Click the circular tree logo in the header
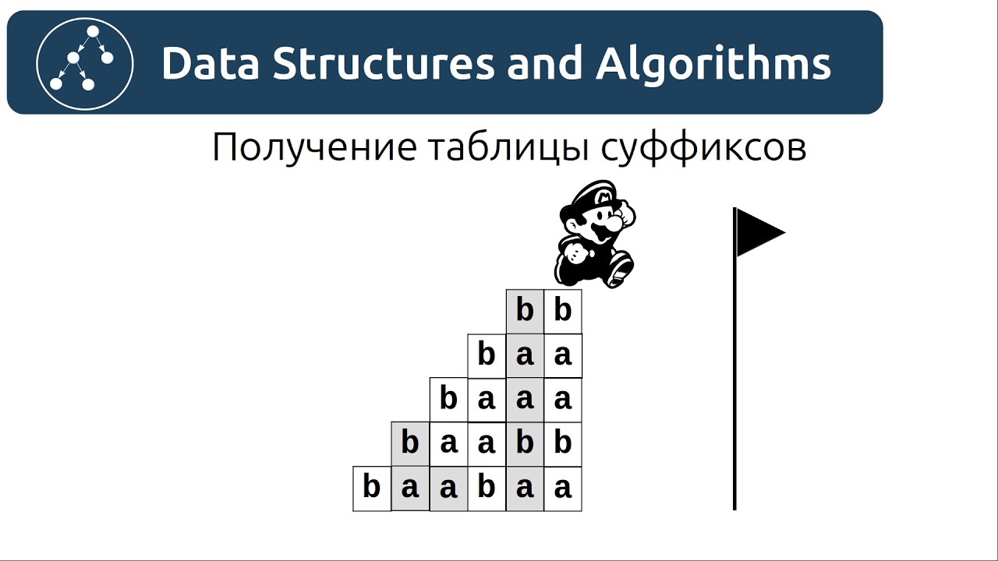(85, 63)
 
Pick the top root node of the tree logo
(92, 32)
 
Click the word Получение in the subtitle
(315, 147)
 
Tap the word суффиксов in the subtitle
(703, 147)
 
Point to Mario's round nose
(615, 222)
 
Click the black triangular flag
(758, 231)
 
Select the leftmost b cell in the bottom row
(372, 489)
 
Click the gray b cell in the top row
(525, 311)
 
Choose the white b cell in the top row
(563, 311)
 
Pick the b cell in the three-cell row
(487, 355)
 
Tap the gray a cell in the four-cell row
(525, 400)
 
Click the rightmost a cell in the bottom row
(563, 489)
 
